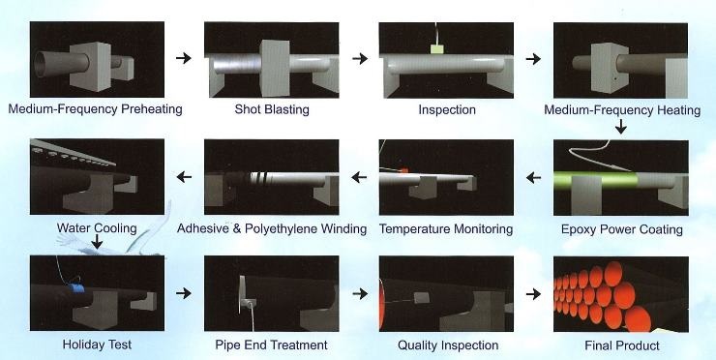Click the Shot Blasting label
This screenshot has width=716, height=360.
(272, 109)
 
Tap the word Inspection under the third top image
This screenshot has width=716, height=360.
(447, 109)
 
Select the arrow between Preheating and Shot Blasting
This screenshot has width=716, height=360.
(184, 58)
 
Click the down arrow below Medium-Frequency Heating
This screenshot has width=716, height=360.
(620, 126)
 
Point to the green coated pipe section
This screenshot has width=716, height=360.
(595, 179)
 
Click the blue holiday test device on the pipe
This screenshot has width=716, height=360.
(76, 287)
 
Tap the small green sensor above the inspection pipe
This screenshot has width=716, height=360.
(437, 48)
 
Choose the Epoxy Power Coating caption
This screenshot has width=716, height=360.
(621, 229)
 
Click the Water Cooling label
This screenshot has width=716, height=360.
(97, 228)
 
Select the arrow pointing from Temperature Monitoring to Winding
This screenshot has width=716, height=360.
(359, 177)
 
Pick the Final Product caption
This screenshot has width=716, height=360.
(622, 345)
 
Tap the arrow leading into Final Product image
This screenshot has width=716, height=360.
(533, 294)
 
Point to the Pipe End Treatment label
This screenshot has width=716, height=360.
(271, 345)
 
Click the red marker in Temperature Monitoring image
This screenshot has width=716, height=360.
(403, 170)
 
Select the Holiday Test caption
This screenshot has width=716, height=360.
(97, 345)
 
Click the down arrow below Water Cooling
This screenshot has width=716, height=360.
(97, 241)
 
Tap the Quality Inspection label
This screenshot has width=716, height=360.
(448, 345)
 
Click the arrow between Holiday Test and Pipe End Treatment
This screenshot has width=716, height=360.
(184, 293)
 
